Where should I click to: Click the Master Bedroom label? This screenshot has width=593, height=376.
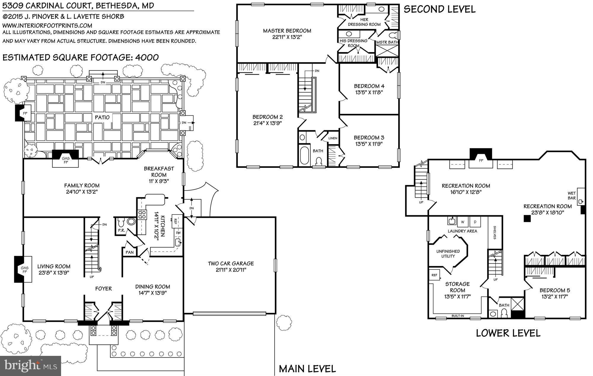(287, 31)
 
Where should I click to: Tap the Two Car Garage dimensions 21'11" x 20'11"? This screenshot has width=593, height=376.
(231, 270)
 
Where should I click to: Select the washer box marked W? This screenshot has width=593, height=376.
(463, 222)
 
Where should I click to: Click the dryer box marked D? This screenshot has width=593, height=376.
(475, 222)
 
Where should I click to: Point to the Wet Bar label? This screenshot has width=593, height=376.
(572, 196)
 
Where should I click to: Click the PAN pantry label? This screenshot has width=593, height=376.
(130, 252)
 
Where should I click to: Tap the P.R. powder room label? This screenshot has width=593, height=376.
(121, 230)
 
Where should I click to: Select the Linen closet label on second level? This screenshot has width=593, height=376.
(333, 138)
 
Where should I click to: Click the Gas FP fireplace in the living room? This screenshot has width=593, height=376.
(25, 270)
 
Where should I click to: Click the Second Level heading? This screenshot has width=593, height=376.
(440, 9)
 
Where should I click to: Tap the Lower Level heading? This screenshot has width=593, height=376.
(508, 333)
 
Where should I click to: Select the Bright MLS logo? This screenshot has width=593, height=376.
(31, 366)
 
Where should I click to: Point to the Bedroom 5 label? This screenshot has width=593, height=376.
(554, 290)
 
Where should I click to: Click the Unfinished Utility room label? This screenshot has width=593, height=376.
(448, 254)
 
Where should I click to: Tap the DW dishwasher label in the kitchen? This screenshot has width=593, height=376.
(178, 233)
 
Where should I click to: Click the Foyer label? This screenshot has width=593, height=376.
(103, 288)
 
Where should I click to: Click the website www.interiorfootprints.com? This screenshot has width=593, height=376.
(47, 25)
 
